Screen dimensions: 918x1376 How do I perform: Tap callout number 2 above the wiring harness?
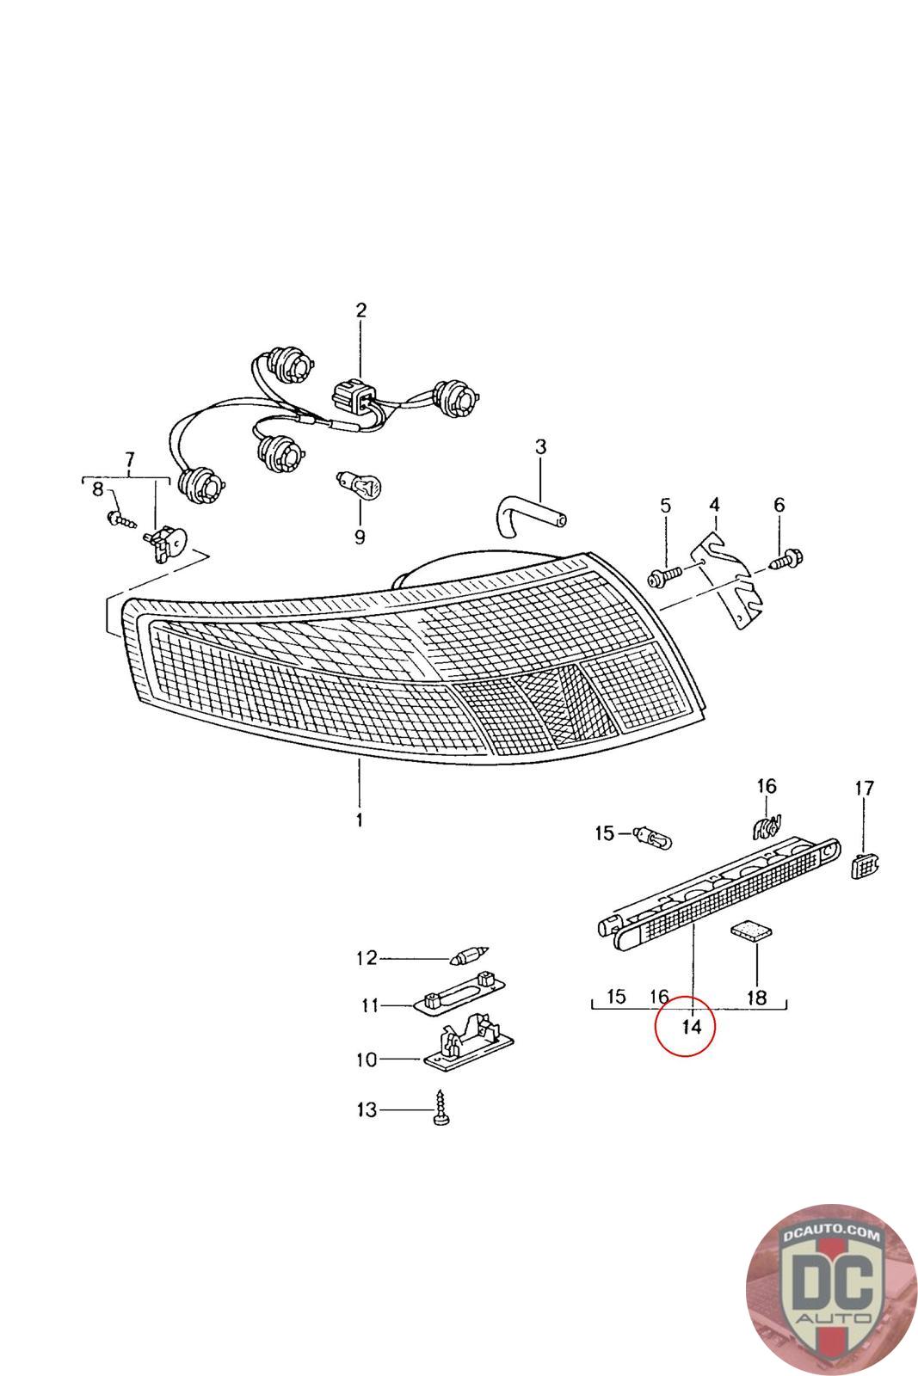point(360,310)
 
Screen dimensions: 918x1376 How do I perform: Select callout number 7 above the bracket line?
point(130,458)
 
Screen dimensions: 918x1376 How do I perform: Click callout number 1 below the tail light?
point(359,820)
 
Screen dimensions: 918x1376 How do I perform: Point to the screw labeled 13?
point(443,1113)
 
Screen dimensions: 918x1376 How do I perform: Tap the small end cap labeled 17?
point(863,866)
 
